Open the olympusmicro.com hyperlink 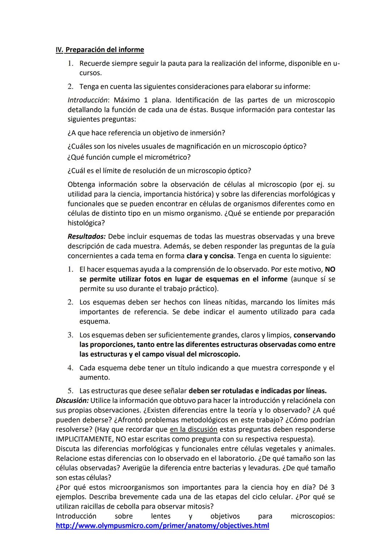point(162,525)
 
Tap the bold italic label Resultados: point(87,236)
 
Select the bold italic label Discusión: point(72,400)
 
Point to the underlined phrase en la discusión point(193,429)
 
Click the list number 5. point(71,391)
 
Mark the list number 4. point(71,368)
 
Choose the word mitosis point(198,506)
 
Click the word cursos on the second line point(89,73)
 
